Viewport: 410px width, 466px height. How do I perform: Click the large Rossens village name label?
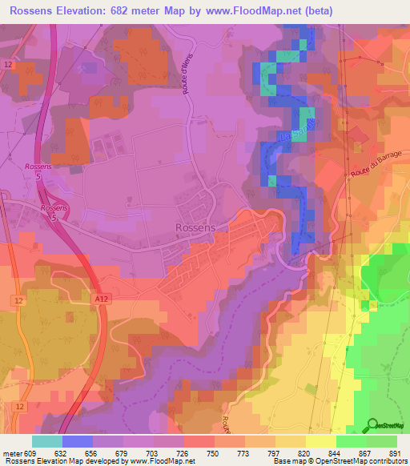(x=195, y=227)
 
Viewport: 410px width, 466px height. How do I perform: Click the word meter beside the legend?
(x=11, y=452)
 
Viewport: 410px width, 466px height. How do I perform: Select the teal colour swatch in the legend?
(x=47, y=441)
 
